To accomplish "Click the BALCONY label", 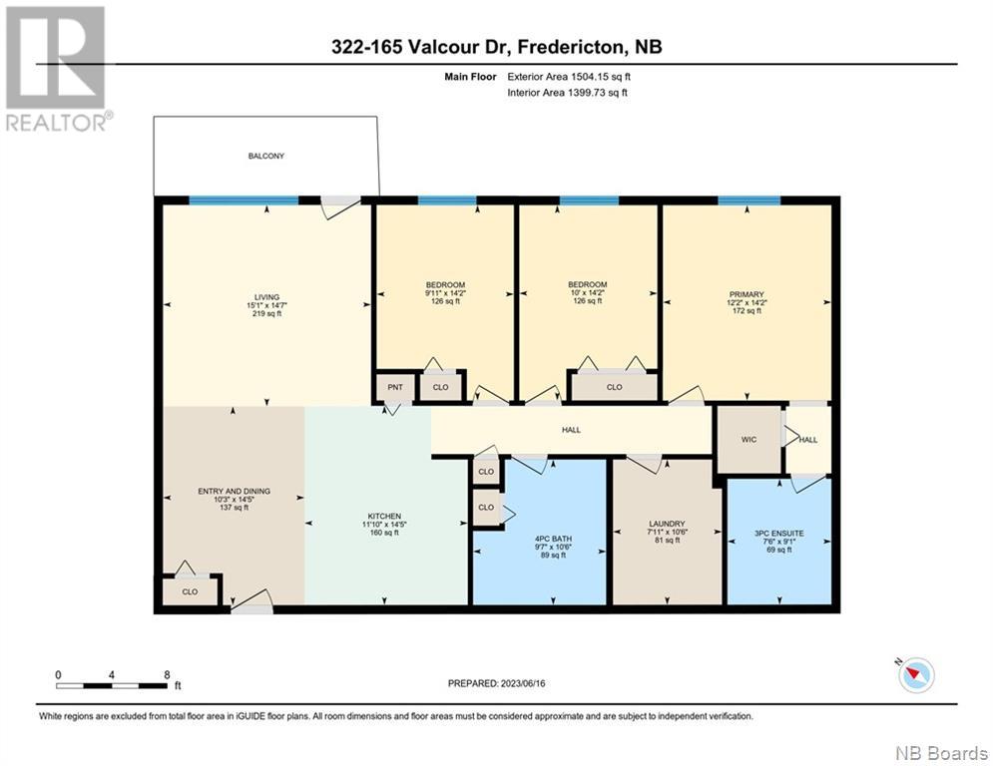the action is (x=266, y=156).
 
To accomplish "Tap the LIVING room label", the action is (x=266, y=297).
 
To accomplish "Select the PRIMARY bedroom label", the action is (x=746, y=294).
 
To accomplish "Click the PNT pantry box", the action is (x=394, y=387).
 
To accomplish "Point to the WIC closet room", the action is (x=748, y=439).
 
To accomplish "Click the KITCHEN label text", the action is (x=384, y=516).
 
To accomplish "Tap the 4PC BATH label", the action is (x=553, y=539).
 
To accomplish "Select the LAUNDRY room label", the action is (x=667, y=524).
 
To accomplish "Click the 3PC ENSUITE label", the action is (x=779, y=534).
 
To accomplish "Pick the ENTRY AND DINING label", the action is (x=234, y=492).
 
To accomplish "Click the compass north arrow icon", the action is (x=915, y=674).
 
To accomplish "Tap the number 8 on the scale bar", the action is (x=167, y=675).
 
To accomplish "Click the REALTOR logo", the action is (x=57, y=69).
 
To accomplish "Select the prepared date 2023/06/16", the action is (x=523, y=683).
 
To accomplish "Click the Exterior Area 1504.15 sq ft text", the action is (x=569, y=77).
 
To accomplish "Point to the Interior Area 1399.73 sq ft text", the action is (x=568, y=93).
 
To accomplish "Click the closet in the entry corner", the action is (x=190, y=591).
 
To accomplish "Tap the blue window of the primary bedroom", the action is (x=749, y=200).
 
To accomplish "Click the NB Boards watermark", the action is (x=942, y=753).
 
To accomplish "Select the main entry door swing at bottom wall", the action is (x=251, y=600).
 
